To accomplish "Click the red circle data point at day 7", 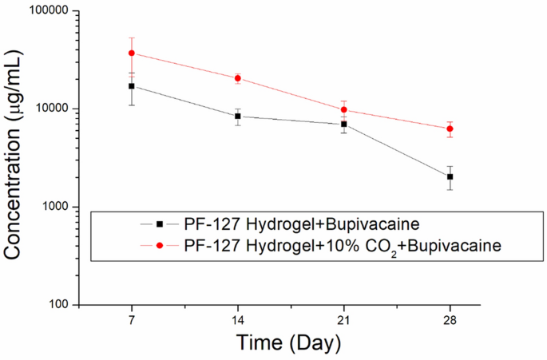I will pyautogui.click(x=131, y=53).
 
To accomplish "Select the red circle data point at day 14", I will pyautogui.click(x=237, y=78).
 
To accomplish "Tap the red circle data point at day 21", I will pyautogui.click(x=343, y=109).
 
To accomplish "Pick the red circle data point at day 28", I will pyautogui.click(x=450, y=129).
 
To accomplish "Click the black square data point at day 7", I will pyautogui.click(x=131, y=86).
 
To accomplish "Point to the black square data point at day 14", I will pyautogui.click(x=237, y=117).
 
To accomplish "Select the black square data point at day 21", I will pyautogui.click(x=343, y=124).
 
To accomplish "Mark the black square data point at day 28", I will pyautogui.click(x=450, y=176).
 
